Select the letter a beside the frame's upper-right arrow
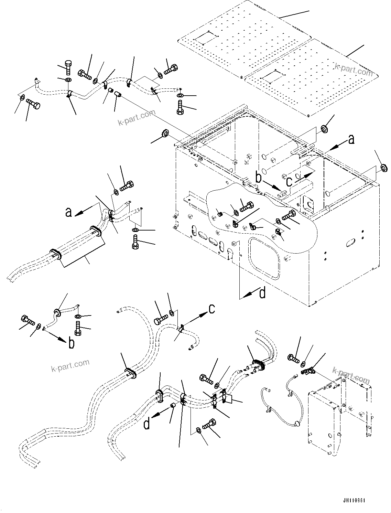click(x=351, y=139)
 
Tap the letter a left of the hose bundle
click(x=69, y=212)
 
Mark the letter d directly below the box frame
click(x=262, y=293)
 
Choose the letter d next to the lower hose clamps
click(x=147, y=424)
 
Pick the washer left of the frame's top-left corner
click(x=165, y=133)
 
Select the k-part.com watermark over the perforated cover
click(x=354, y=70)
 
